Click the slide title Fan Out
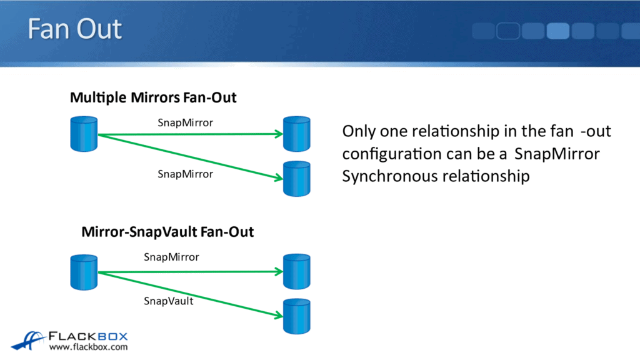[74, 29]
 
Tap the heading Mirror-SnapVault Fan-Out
[167, 232]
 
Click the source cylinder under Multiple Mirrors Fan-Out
[83, 134]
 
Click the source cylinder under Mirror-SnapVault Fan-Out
[83, 272]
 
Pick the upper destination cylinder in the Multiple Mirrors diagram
[296, 134]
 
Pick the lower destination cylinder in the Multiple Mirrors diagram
[296, 179]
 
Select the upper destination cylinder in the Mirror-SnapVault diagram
[296, 272]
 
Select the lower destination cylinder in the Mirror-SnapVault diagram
[296, 316]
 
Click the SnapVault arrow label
[169, 301]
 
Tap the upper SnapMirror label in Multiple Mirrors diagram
[185, 122]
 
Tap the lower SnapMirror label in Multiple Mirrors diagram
[185, 174]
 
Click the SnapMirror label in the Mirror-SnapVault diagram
[171, 256]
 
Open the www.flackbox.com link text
[88, 347]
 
